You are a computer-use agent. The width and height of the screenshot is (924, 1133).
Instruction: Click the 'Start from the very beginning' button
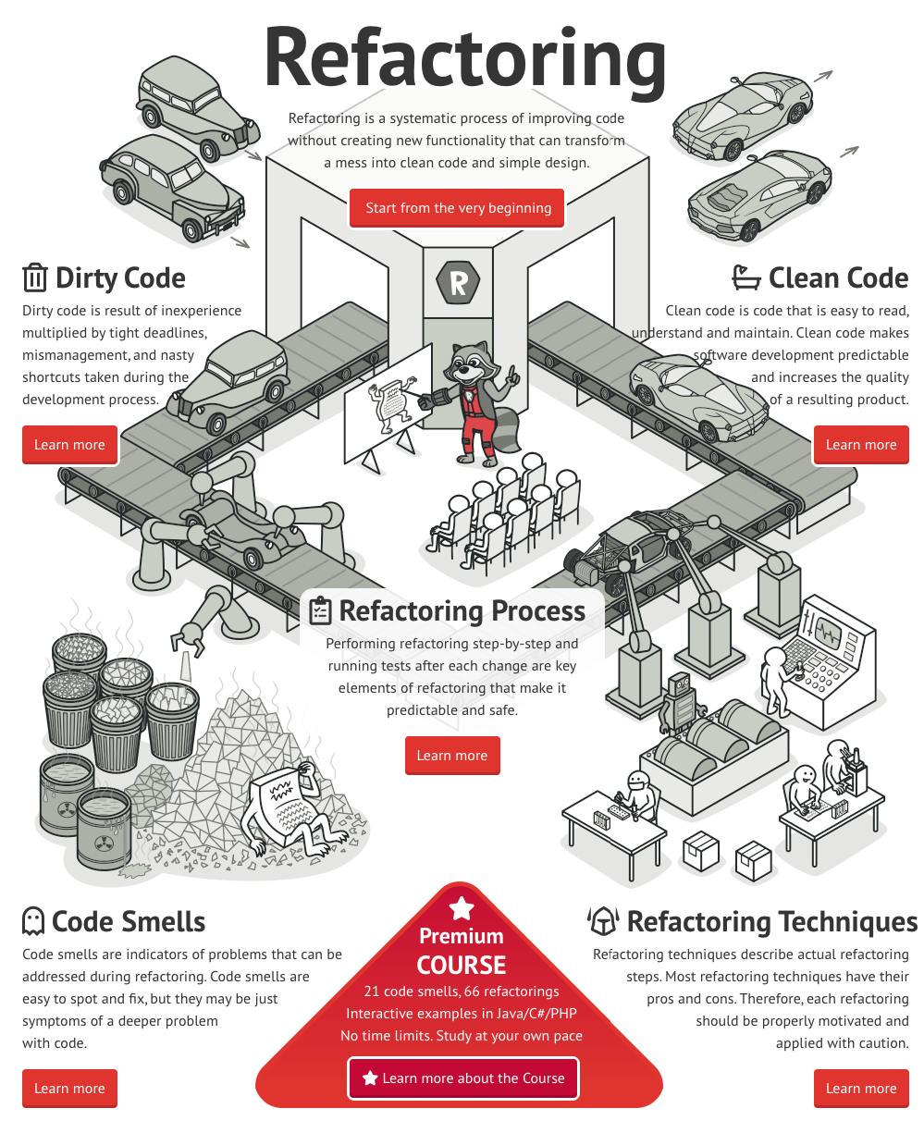click(458, 208)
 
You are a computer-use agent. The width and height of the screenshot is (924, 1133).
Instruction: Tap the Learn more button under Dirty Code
click(69, 445)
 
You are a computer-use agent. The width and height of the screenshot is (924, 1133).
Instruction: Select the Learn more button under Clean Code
click(860, 445)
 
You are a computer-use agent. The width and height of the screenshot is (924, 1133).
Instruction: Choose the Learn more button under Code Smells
click(69, 1089)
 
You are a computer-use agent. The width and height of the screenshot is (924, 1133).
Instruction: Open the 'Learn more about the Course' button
click(463, 1078)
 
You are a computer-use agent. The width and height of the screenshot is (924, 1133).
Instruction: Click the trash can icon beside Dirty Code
click(34, 277)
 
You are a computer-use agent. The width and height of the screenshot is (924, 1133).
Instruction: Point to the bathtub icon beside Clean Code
click(746, 277)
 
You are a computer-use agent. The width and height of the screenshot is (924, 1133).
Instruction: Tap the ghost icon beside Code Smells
click(33, 921)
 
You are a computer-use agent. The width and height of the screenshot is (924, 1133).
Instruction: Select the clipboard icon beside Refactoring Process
click(319, 610)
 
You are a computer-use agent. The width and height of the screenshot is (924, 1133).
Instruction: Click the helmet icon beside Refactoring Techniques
click(603, 921)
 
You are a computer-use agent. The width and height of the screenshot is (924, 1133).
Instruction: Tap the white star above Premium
click(461, 907)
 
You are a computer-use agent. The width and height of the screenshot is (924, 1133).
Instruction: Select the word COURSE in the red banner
click(461, 966)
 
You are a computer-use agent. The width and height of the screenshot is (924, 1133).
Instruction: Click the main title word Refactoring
click(464, 57)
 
